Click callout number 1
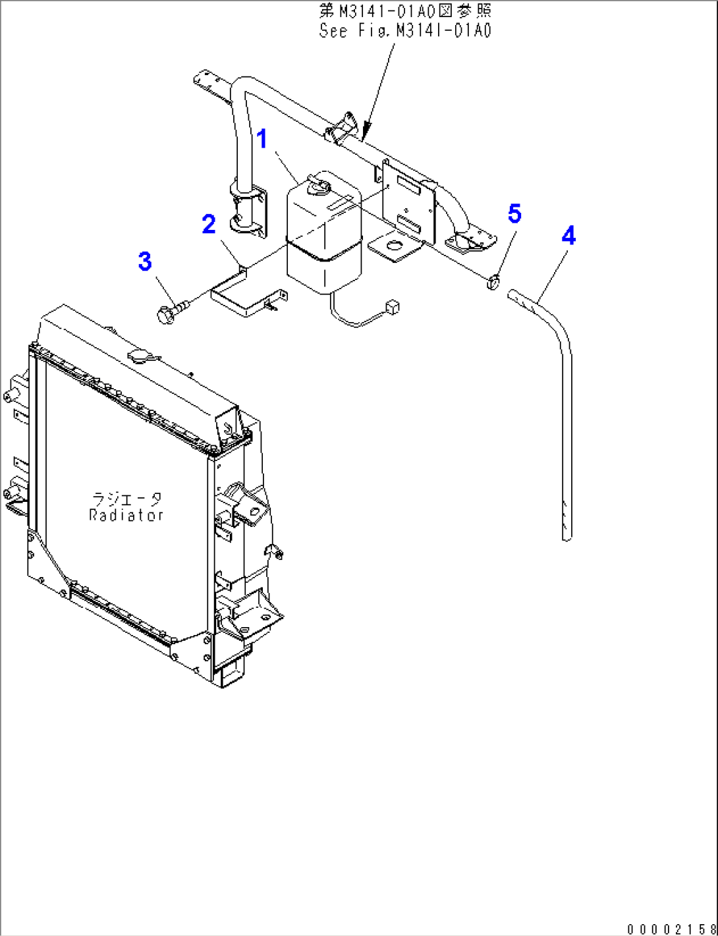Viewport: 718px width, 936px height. click(262, 140)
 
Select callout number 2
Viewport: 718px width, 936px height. click(209, 225)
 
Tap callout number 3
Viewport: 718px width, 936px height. click(145, 262)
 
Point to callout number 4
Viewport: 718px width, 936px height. click(568, 236)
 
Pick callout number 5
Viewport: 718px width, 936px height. click(514, 213)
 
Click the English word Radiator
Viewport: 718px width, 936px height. click(126, 515)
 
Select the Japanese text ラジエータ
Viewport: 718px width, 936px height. click(126, 499)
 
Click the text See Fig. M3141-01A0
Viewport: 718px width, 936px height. click(405, 30)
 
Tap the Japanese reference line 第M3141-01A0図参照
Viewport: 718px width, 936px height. click(405, 11)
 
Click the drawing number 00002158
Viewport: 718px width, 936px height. click(671, 929)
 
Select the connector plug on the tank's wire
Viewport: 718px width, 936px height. click(394, 306)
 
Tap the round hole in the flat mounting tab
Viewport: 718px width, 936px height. click(395, 247)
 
